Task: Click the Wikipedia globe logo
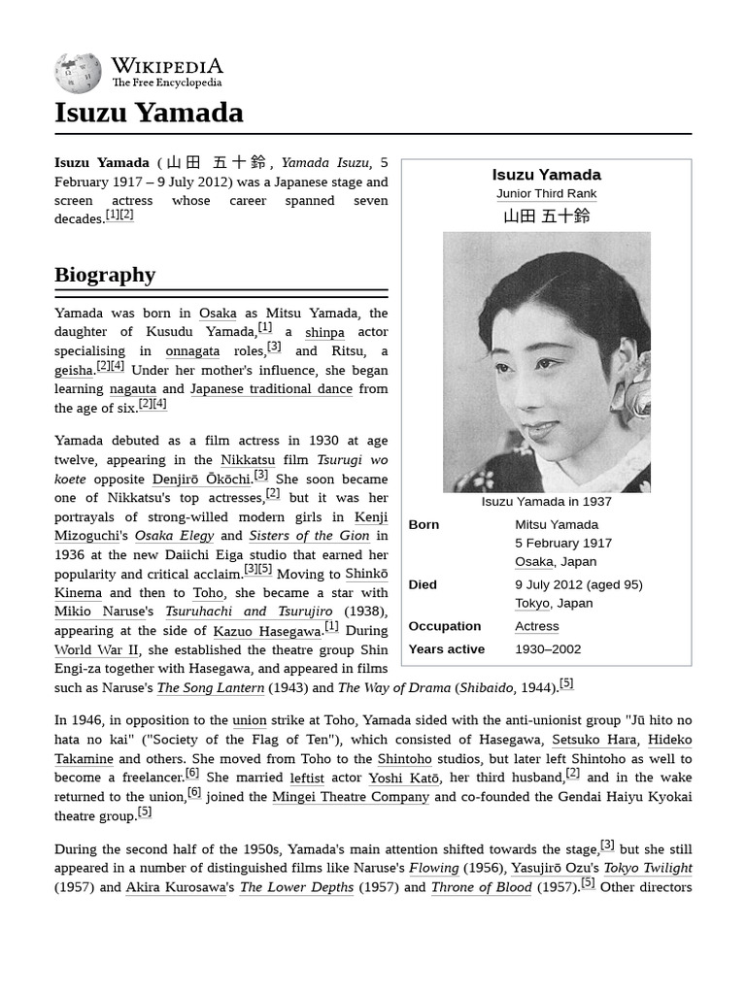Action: click(78, 73)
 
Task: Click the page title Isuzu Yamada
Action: click(149, 114)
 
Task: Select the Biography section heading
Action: click(105, 275)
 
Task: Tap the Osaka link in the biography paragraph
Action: click(218, 314)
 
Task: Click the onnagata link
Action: click(192, 351)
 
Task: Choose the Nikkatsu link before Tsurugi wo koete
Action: click(248, 459)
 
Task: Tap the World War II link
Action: click(97, 649)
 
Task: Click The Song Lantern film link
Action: click(211, 688)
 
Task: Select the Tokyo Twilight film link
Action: click(648, 868)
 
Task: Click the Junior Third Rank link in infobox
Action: click(546, 194)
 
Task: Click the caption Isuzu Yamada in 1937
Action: click(546, 502)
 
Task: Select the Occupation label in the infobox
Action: click(444, 626)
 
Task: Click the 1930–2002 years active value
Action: click(548, 649)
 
